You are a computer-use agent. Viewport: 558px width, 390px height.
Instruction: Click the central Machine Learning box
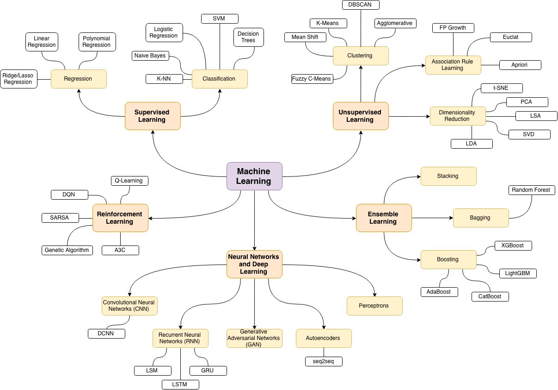254,176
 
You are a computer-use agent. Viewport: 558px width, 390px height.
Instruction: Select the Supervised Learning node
153,116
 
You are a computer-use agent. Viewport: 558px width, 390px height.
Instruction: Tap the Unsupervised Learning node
361,116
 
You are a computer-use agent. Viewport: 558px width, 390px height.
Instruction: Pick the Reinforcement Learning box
120,218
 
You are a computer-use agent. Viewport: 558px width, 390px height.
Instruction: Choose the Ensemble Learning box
383,218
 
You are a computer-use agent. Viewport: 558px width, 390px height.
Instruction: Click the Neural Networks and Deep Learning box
254,264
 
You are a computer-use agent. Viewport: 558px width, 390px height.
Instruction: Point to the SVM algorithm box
220,19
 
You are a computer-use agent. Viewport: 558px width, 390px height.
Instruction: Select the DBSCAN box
361,5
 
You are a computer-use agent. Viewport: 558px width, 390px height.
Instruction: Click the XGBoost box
513,245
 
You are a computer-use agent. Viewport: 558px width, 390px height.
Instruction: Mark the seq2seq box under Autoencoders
324,361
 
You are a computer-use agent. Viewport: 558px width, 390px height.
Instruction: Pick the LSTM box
180,384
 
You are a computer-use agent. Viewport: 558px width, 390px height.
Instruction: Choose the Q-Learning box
129,181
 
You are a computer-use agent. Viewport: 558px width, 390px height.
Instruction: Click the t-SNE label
495,88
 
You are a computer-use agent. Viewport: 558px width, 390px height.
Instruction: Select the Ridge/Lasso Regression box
18,79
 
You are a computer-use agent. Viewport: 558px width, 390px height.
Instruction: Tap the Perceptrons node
374,306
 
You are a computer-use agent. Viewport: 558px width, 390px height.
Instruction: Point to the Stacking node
448,176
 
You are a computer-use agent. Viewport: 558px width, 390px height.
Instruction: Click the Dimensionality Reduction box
458,116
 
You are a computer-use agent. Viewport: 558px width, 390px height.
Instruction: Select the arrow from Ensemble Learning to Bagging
432,218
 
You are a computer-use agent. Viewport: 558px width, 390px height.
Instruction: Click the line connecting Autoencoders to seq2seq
324,352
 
